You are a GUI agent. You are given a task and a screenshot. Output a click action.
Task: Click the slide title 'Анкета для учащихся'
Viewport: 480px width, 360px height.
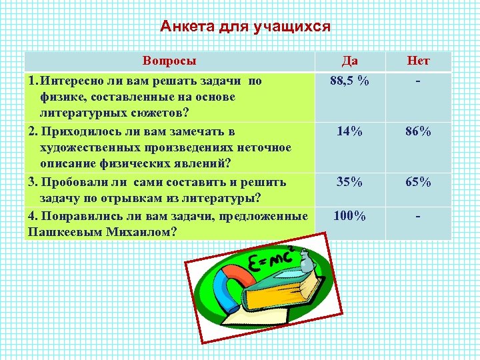pyautogui.click(x=245, y=27)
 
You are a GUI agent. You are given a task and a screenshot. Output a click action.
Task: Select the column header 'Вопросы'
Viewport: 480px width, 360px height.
pyautogui.click(x=169, y=61)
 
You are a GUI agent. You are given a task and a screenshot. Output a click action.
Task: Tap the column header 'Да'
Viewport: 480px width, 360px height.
pyautogui.click(x=349, y=61)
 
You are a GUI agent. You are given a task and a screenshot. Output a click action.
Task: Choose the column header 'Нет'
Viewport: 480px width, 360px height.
pyautogui.click(x=418, y=61)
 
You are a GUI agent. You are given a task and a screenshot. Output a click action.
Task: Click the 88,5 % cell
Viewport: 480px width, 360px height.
pyautogui.click(x=350, y=81)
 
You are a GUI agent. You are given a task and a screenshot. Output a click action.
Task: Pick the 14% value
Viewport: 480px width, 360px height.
pyautogui.click(x=350, y=131)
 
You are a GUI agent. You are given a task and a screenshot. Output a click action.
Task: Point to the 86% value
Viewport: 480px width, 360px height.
pyautogui.click(x=419, y=131)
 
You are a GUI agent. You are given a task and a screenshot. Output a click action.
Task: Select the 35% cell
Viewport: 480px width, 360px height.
pyautogui.click(x=350, y=181)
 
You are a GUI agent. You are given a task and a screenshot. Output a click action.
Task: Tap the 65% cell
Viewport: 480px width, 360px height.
pyautogui.click(x=419, y=181)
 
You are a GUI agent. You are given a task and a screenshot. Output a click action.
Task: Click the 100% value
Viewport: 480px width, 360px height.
pyautogui.click(x=350, y=215)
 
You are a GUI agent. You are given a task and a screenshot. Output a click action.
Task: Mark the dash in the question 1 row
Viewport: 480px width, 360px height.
pyautogui.click(x=419, y=81)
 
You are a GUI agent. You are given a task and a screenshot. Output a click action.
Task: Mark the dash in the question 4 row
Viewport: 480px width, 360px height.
pyautogui.click(x=419, y=215)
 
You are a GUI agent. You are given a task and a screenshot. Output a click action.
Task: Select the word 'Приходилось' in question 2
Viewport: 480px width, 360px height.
pyautogui.click(x=77, y=131)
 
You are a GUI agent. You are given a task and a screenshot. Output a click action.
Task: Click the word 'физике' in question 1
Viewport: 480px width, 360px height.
pyautogui.click(x=60, y=97)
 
